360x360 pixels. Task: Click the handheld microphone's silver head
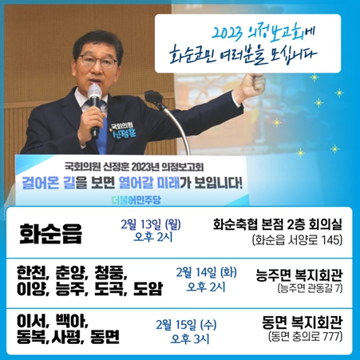pos(94,92)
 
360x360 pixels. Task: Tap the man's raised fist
pos(251,85)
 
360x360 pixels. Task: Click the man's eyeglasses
pos(97,61)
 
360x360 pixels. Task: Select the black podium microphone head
pos(153,98)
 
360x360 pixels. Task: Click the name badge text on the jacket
pos(123,130)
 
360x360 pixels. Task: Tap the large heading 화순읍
pos(50,233)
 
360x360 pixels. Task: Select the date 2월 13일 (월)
pos(151,224)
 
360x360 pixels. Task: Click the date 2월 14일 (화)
pos(206,272)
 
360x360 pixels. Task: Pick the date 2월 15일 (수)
pos(186,325)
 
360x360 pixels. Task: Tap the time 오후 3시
pos(190,338)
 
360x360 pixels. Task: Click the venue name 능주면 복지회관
pos(299,275)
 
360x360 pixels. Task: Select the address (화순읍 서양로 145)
pos(297,240)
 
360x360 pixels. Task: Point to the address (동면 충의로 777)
pos(305,337)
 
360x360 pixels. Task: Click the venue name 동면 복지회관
pos(302,322)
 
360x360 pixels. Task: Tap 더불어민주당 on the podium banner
pos(136,200)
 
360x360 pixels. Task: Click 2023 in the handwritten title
pos(227,34)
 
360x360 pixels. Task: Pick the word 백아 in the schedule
pos(71,321)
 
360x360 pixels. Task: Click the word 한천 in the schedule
pos(32,272)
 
